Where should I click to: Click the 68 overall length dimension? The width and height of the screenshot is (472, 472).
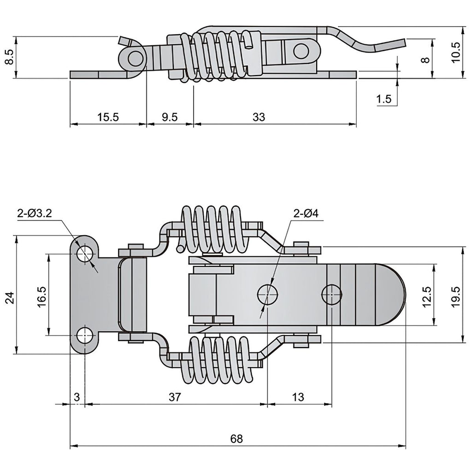coord(236,439)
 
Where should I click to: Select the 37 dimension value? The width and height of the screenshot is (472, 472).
coord(175,397)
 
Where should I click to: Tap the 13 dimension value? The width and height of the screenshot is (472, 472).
coord(298,397)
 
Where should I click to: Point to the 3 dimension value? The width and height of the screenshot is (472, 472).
coord(77,397)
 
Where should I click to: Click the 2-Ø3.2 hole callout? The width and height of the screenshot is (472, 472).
coord(35,213)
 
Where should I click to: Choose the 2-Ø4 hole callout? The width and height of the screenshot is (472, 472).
coord(306,213)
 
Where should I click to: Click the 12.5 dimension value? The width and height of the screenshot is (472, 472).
coord(427,297)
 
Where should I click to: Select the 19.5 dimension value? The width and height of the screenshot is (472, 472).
coord(456,297)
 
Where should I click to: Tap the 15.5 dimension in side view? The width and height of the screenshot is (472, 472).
coord(108,117)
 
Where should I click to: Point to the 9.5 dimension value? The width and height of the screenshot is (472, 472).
coord(170,117)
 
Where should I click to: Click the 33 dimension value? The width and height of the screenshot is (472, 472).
coord(259,117)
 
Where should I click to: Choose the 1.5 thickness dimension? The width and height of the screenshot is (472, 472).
coord(384,99)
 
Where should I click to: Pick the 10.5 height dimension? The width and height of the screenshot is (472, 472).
coord(456,52)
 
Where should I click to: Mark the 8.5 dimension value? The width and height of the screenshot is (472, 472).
coord(10,57)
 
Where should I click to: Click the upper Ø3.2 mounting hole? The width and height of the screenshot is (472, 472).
coord(85,254)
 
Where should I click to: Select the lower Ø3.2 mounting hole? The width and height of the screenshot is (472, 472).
coord(85,336)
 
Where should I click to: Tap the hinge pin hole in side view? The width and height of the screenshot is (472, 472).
coord(135,59)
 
